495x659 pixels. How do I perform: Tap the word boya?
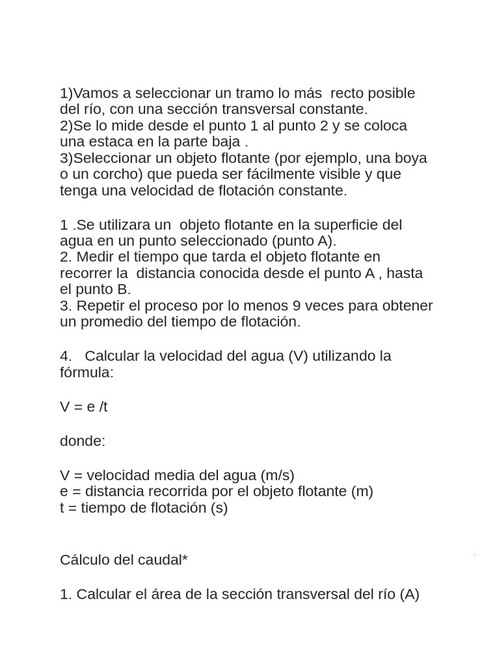411,158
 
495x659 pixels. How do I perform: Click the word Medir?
94,257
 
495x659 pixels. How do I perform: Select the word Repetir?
100,306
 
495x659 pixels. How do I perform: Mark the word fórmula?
86,373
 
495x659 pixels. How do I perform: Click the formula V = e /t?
84,407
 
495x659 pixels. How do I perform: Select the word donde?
82,441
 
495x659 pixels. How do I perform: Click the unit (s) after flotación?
218,508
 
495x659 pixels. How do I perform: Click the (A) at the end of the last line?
409,594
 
